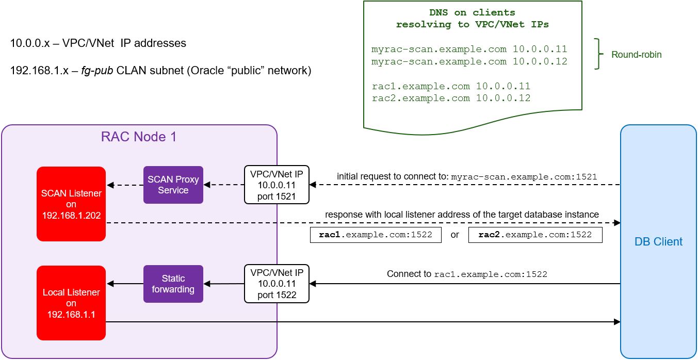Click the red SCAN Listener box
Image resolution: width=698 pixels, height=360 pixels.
point(71,204)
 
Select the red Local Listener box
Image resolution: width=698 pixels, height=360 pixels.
point(71,303)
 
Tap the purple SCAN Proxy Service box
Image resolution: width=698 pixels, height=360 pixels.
point(173,185)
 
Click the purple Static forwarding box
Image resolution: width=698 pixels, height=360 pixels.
point(173,284)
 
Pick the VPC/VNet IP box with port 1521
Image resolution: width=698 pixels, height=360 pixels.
point(277,185)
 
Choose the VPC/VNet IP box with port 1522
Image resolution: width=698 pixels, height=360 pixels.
point(277,284)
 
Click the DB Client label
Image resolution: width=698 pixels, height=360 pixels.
point(658,241)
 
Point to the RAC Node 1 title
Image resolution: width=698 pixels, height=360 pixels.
point(139,137)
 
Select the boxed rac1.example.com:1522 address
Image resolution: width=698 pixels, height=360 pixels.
point(376,235)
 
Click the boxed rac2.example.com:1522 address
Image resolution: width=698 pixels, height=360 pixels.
point(535,235)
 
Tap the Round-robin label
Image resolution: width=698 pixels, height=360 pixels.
point(636,54)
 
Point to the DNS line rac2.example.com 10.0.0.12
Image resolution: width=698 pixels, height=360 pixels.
point(451,98)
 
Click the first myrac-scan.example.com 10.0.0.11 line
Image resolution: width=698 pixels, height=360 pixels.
point(469,50)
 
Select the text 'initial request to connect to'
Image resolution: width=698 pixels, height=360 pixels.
point(393,176)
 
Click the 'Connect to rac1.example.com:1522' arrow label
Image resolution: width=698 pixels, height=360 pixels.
point(467,274)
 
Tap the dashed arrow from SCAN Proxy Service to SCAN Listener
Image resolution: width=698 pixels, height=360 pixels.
point(125,185)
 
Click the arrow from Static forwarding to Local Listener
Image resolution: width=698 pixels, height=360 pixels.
point(125,284)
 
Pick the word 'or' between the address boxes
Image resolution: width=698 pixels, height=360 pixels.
point(454,235)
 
